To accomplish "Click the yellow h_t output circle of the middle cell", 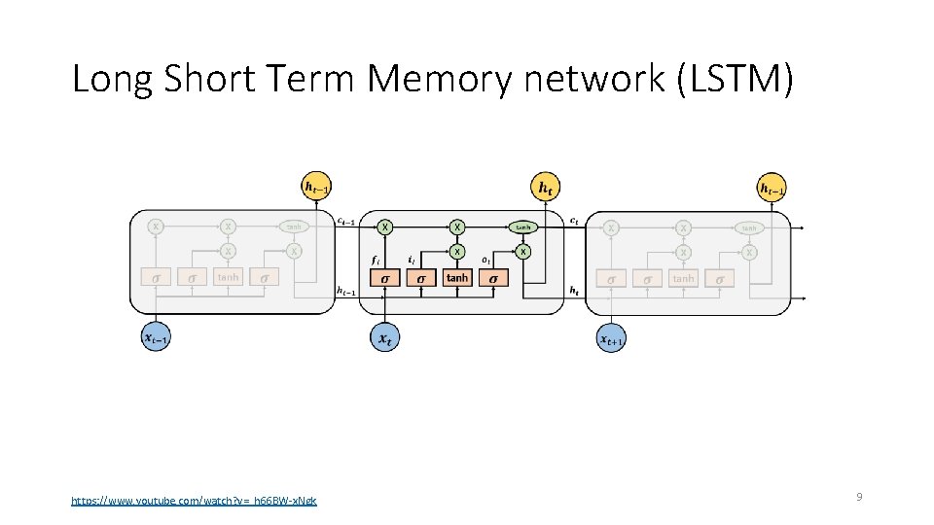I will [x=546, y=186].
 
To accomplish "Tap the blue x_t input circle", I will [x=384, y=337].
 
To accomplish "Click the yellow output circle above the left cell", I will [x=317, y=186].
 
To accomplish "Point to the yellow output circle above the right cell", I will [x=773, y=187].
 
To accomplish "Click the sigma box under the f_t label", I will [x=385, y=278].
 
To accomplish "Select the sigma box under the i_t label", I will [x=421, y=278].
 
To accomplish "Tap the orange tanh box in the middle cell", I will [x=457, y=278].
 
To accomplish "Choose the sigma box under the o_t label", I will [x=493, y=278].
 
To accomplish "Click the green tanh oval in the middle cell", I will [x=523, y=227].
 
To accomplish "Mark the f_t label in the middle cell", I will [x=376, y=260].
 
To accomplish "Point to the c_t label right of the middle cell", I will [x=575, y=220].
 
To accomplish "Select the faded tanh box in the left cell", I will [x=228, y=278].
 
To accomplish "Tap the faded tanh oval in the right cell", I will [x=749, y=227].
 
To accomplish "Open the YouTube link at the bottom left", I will [x=194, y=501].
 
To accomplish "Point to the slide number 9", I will [x=859, y=497].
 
